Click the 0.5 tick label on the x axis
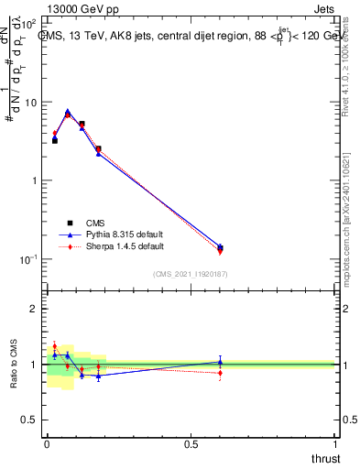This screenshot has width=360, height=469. (191, 445)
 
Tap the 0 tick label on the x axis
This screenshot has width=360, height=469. (47, 445)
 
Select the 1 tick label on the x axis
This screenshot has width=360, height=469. (336, 445)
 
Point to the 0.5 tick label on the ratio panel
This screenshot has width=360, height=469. (28, 420)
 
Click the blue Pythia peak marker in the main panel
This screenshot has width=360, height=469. (68, 112)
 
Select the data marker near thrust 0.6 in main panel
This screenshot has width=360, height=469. (220, 247)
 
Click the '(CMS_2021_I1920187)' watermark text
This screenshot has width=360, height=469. (191, 273)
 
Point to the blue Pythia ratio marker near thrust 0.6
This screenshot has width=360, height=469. (220, 362)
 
